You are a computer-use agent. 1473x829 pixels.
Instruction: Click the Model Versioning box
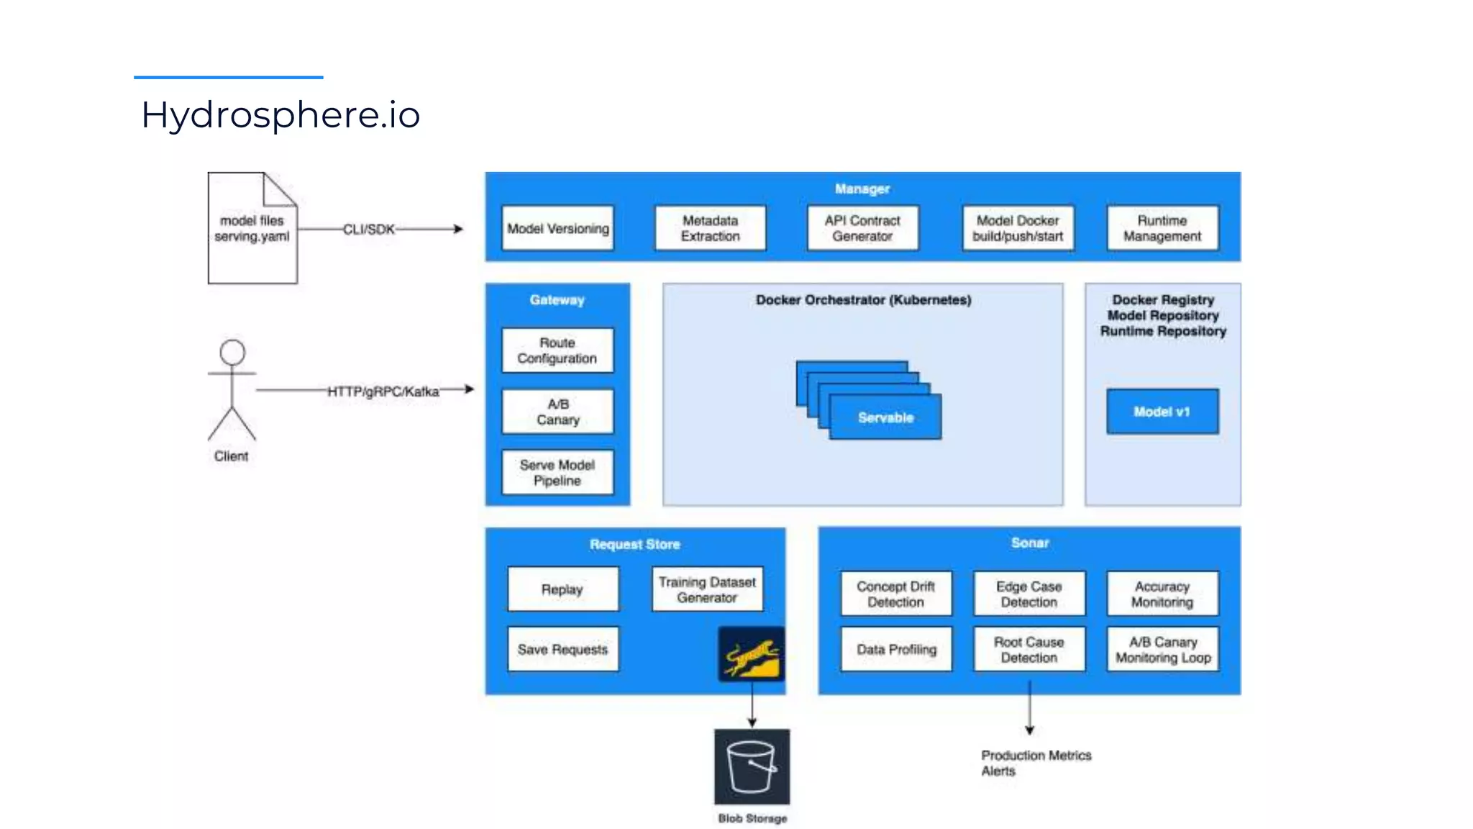(557, 228)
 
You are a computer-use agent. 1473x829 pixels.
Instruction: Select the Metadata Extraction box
(710, 228)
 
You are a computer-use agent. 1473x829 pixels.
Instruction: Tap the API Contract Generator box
(862, 228)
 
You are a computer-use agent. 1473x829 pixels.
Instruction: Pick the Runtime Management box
(1162, 228)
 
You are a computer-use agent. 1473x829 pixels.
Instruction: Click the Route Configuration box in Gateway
(557, 350)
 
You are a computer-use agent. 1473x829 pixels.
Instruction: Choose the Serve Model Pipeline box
(557, 473)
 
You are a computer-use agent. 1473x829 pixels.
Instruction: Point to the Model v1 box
(1162, 412)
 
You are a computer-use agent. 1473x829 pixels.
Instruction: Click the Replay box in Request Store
(562, 589)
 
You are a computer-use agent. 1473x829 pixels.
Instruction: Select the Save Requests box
(562, 649)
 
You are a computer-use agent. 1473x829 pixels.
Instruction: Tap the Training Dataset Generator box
(707, 589)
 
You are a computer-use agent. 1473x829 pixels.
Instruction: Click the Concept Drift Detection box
(895, 594)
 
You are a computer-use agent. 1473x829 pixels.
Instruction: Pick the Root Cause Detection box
(1029, 649)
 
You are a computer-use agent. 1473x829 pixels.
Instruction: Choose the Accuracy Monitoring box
(1162, 594)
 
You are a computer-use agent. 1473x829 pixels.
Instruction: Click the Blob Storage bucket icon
(752, 766)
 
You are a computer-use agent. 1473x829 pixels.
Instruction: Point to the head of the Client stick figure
(232, 353)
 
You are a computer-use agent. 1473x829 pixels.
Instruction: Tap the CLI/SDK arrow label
(369, 230)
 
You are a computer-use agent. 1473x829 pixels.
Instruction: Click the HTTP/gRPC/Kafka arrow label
(383, 391)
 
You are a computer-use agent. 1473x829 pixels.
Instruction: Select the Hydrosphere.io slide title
(281, 114)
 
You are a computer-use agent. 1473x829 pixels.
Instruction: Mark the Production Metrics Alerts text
(1036, 763)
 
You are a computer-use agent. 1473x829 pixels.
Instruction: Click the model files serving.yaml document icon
(252, 228)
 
